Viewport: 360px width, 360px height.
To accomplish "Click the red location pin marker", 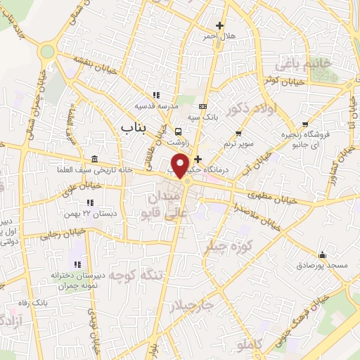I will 180,165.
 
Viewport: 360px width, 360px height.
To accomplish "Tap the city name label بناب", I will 127,127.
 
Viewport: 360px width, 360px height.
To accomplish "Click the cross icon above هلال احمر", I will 219,25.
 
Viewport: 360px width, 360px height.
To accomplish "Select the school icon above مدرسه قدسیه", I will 156,95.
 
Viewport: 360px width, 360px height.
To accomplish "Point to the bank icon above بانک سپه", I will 203,105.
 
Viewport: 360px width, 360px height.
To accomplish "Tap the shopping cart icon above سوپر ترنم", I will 238,133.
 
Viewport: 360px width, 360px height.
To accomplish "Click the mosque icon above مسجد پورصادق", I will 322,255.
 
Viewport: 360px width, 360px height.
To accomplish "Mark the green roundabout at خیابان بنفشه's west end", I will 48,51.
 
